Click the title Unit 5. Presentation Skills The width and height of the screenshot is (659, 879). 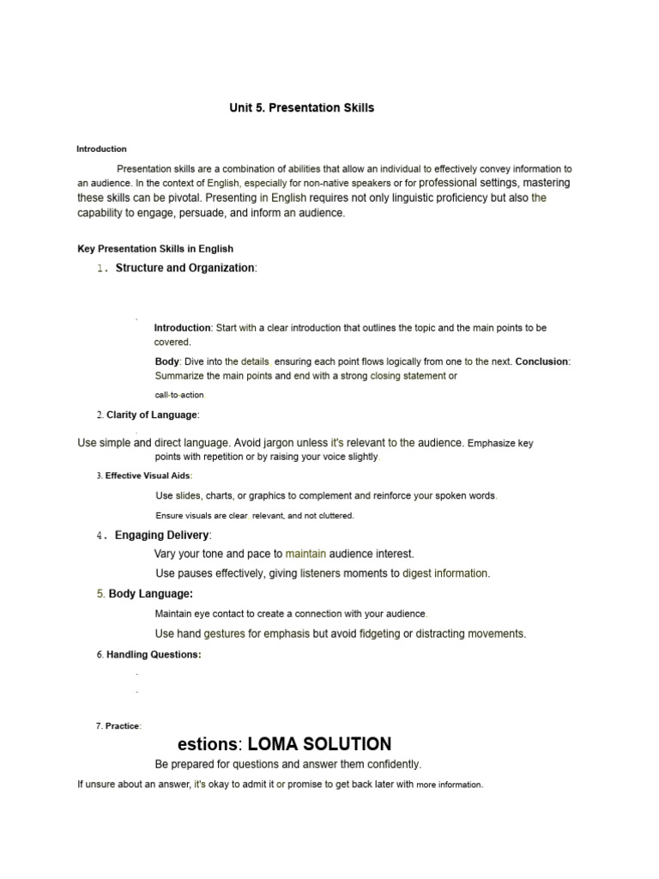click(x=301, y=108)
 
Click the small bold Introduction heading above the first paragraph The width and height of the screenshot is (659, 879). click(x=101, y=149)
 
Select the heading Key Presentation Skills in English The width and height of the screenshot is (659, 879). click(x=155, y=249)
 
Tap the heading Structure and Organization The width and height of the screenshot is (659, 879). click(x=184, y=268)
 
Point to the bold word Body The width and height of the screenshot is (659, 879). click(x=166, y=361)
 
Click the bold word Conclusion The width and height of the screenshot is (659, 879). click(x=541, y=361)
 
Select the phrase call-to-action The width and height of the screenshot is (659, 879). click(x=179, y=395)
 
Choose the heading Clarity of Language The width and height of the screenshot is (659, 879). click(x=152, y=415)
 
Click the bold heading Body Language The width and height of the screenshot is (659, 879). click(x=150, y=593)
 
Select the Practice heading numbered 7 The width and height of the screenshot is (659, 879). click(x=123, y=725)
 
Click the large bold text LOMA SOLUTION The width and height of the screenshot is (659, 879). click(x=319, y=743)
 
